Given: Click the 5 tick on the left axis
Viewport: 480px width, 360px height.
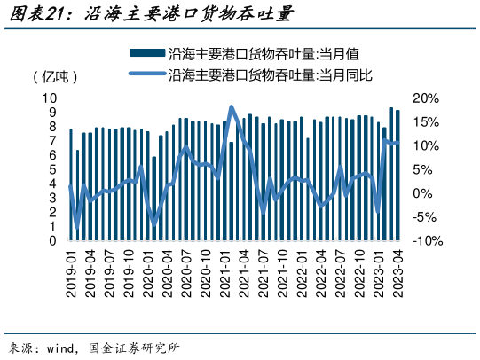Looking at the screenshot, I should [54, 169].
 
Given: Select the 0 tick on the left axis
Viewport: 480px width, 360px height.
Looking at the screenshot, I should [54, 240].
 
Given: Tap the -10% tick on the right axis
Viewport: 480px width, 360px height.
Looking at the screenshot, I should [424, 240].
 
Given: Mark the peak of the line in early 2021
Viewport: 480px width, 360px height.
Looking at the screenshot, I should [232, 107].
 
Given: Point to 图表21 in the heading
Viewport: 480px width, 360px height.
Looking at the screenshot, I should [32, 14].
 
